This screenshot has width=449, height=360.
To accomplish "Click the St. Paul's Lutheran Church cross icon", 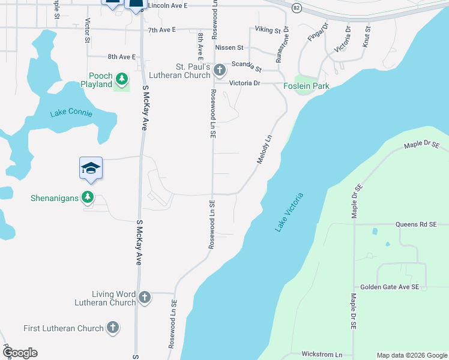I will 219,69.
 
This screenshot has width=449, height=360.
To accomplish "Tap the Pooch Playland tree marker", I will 122,79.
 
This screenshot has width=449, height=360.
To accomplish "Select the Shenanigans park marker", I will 88,197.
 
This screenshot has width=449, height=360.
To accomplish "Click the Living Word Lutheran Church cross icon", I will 144,297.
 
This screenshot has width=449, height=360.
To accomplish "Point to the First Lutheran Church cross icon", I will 112,328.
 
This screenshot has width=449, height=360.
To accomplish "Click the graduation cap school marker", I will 91,167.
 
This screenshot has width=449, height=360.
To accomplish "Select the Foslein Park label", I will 307,86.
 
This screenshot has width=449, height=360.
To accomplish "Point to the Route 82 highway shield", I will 297,8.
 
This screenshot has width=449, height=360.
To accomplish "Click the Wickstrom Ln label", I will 322,354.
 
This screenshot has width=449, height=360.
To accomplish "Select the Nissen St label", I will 229,47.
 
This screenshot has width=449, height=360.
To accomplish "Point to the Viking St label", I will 268,29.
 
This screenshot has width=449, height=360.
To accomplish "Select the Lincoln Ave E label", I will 167,5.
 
